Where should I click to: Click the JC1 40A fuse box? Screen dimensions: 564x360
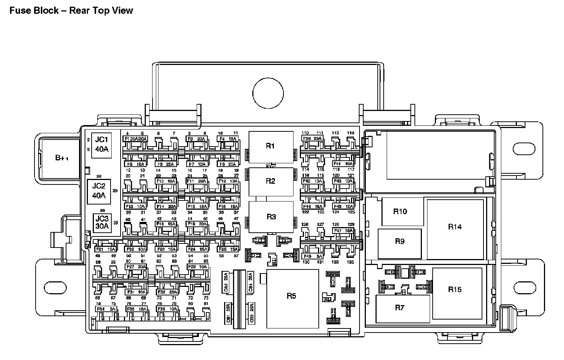101,145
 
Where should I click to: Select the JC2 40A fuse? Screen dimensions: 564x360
99,191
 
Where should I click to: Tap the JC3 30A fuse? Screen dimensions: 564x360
102,223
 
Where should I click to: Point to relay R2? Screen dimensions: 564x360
270,181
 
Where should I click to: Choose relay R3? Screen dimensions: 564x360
271,217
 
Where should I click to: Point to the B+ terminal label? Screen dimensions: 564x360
62,158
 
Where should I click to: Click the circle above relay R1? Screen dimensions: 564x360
268,93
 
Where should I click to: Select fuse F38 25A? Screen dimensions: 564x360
312,138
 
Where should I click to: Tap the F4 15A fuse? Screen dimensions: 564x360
228,138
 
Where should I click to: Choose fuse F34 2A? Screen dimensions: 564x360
106,309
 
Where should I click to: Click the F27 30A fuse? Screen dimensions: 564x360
136,267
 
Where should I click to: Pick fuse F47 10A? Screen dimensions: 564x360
343,231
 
